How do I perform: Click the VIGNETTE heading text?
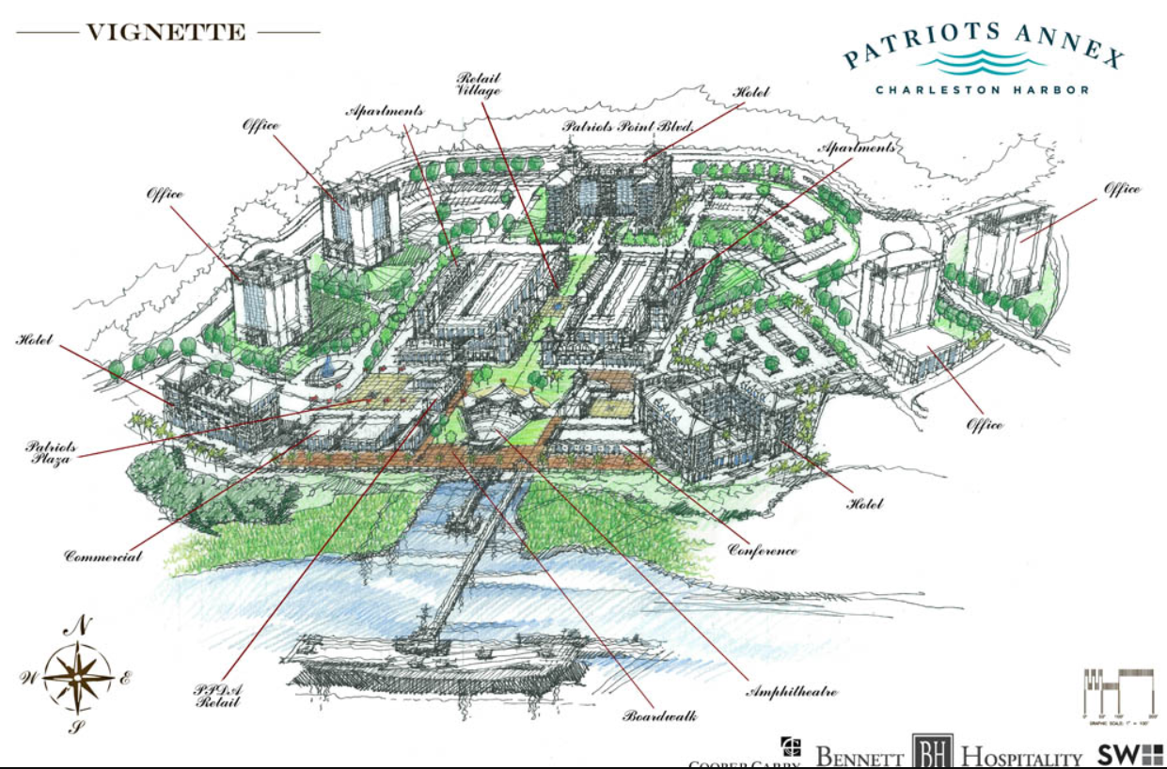[166, 33]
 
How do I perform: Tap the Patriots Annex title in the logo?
[984, 47]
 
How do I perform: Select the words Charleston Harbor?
[983, 90]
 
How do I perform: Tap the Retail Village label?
[479, 84]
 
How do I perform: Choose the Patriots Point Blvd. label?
[627, 125]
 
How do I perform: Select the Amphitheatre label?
[791, 692]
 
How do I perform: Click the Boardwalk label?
[660, 716]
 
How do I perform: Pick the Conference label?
[763, 550]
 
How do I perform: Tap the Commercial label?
[103, 556]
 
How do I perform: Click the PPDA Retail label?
[219, 697]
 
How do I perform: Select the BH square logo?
[932, 753]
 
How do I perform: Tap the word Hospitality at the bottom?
[1021, 757]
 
